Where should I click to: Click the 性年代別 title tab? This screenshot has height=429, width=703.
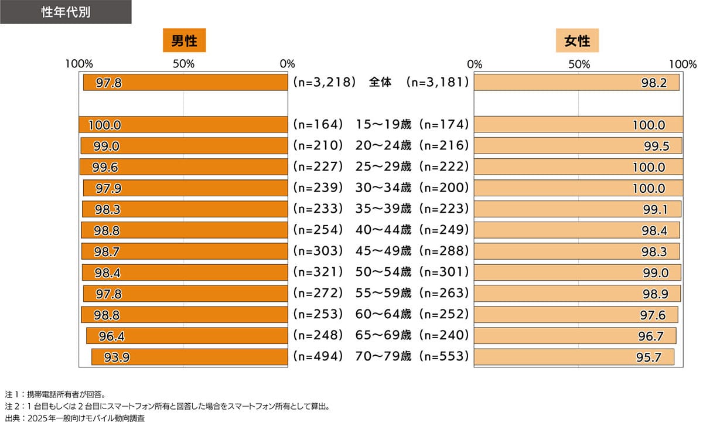point(65,12)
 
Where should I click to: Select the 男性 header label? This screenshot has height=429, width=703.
point(184,42)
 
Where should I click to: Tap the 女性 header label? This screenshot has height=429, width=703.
point(577,42)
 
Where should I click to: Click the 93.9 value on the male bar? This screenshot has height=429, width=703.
point(117,357)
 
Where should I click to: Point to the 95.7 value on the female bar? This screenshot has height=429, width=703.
point(649,357)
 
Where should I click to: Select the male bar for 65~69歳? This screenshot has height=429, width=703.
point(187,336)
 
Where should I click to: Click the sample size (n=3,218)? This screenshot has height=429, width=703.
point(325,83)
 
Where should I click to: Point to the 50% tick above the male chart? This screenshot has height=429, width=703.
point(183,64)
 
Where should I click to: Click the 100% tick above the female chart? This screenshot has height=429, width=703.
point(682,64)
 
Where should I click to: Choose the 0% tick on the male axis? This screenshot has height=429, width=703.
point(288,64)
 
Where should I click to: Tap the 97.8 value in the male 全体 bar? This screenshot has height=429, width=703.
point(108,83)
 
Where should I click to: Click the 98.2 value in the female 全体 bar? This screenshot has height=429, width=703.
point(654,83)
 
